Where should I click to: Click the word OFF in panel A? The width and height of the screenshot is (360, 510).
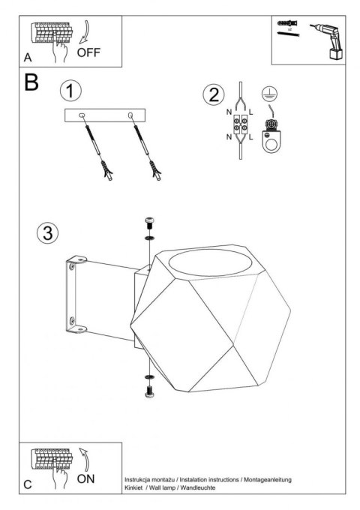pos(88,52)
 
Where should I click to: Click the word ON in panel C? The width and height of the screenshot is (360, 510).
pos(85,478)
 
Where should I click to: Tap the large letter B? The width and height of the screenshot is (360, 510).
pos(31,82)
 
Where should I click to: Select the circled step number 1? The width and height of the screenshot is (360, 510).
pos(70,91)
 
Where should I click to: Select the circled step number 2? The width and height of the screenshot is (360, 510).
pos(214,95)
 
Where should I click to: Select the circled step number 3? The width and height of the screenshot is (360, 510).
pos(48,233)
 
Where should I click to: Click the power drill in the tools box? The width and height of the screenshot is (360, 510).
pos(326,41)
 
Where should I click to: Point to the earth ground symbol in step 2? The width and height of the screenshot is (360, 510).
pos(269,94)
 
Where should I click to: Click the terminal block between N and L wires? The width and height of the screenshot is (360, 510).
pos(241,125)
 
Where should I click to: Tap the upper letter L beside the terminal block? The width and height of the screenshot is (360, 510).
pos(250,112)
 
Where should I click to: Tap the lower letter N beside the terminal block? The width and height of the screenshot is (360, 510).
pos(229,137)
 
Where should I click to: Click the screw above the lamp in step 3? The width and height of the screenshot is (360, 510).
pos(149,223)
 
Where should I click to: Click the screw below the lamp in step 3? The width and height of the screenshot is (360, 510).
pos(149,391)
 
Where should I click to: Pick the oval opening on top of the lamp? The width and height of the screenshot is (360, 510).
pos(211,263)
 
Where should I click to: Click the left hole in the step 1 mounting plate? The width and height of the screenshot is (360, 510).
pos(82,115)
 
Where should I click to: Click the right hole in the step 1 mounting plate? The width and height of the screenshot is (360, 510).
pos(130,115)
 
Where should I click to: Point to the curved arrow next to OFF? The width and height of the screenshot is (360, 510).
pos(85,32)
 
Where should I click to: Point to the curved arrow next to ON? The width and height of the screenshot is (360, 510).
pos(85,460)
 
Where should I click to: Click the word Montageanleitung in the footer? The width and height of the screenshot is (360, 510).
pos(268,479)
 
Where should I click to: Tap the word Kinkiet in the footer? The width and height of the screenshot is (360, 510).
pos(133,487)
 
